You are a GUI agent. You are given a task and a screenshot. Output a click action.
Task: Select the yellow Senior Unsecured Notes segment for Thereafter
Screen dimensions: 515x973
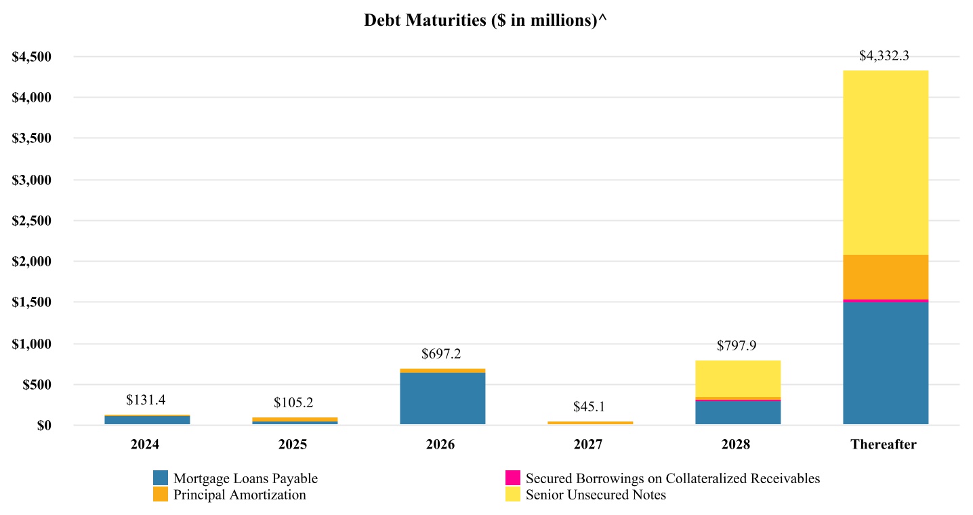tap(885, 163)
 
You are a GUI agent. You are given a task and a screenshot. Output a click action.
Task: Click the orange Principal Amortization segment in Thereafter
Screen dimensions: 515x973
tap(885, 277)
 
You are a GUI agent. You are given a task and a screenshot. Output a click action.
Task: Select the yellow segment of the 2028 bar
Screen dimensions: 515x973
tap(737, 379)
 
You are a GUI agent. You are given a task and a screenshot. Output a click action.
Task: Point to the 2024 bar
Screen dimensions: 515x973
tap(147, 420)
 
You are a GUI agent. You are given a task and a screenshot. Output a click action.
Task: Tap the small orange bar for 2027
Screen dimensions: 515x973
tap(590, 423)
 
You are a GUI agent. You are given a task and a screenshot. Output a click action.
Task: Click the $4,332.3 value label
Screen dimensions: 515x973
tap(884, 56)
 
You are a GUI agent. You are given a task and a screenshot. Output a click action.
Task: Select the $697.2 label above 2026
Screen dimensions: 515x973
tap(441, 354)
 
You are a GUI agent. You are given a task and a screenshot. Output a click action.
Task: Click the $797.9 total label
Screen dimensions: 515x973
tap(737, 346)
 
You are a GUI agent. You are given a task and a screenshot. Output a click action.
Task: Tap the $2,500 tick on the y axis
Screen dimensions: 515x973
tap(33, 221)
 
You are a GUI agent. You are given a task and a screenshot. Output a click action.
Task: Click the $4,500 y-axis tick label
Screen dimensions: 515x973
tap(33, 57)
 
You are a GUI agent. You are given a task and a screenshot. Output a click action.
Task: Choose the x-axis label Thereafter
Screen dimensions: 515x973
tap(884, 445)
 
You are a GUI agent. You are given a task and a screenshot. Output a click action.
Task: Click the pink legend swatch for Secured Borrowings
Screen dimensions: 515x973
tap(513, 478)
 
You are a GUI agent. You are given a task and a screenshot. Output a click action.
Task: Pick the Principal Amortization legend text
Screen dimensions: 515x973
tap(239, 495)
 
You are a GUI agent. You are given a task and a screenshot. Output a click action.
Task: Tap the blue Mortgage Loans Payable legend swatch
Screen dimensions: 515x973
tap(161, 478)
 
